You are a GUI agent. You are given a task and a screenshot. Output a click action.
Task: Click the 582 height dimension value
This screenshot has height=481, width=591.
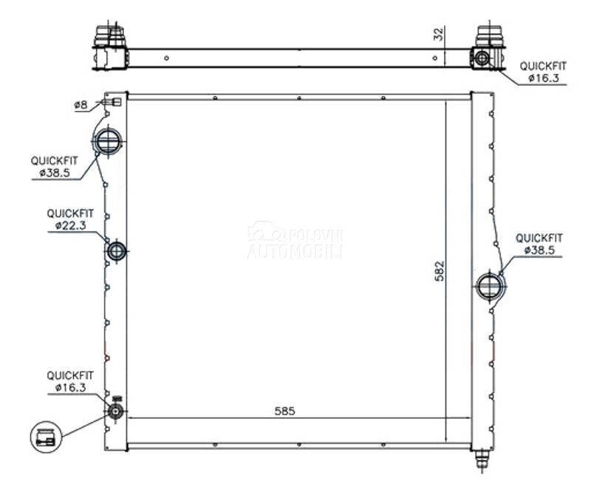coord(440,271)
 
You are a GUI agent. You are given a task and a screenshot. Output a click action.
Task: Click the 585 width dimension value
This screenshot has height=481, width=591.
coord(284,411)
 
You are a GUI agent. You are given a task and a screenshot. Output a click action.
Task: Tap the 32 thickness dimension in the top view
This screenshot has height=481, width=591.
coord(439,34)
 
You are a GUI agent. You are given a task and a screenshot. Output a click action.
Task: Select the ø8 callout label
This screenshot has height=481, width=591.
coord(81,105)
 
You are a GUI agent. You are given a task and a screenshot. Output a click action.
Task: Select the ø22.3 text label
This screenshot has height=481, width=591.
coord(70,225)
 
